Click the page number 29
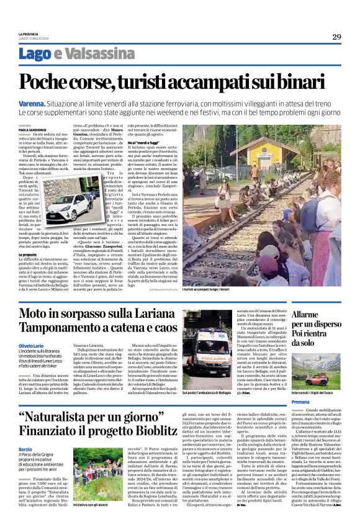coord(336,37)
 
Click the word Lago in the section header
coord(52,53)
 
